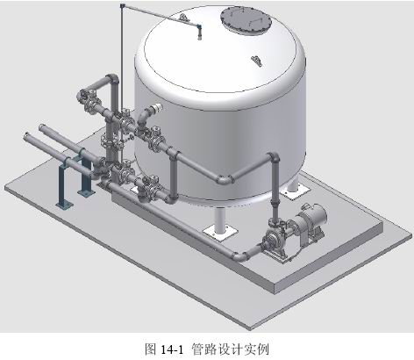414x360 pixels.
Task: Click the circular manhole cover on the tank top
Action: click(x=246, y=21)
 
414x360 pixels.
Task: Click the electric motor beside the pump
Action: click(x=310, y=221)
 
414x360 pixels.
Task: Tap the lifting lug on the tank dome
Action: click(x=257, y=61)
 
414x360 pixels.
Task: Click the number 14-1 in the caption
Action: click(x=172, y=349)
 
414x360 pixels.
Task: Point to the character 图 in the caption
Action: click(x=151, y=349)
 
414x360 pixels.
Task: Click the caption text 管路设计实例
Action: click(x=231, y=349)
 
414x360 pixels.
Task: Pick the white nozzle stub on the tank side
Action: click(x=157, y=108)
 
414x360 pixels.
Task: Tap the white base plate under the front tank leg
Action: click(x=220, y=234)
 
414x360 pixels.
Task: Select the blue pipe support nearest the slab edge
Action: click(x=64, y=186)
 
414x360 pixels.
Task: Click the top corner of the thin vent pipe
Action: click(x=122, y=5)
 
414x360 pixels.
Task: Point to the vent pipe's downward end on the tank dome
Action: click(x=199, y=38)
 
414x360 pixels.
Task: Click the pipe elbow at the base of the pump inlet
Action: click(x=239, y=256)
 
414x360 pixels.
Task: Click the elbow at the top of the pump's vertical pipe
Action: click(x=275, y=158)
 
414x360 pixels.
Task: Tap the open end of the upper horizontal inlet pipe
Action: click(x=41, y=127)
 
